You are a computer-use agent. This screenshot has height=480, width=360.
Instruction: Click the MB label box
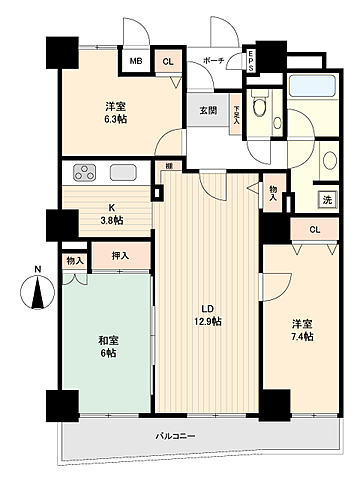tap(135, 61)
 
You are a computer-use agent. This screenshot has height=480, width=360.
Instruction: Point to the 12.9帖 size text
tap(207, 322)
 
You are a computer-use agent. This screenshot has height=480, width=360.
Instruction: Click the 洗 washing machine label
tap(326, 199)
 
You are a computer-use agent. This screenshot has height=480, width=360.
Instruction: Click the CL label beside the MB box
tap(167, 61)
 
